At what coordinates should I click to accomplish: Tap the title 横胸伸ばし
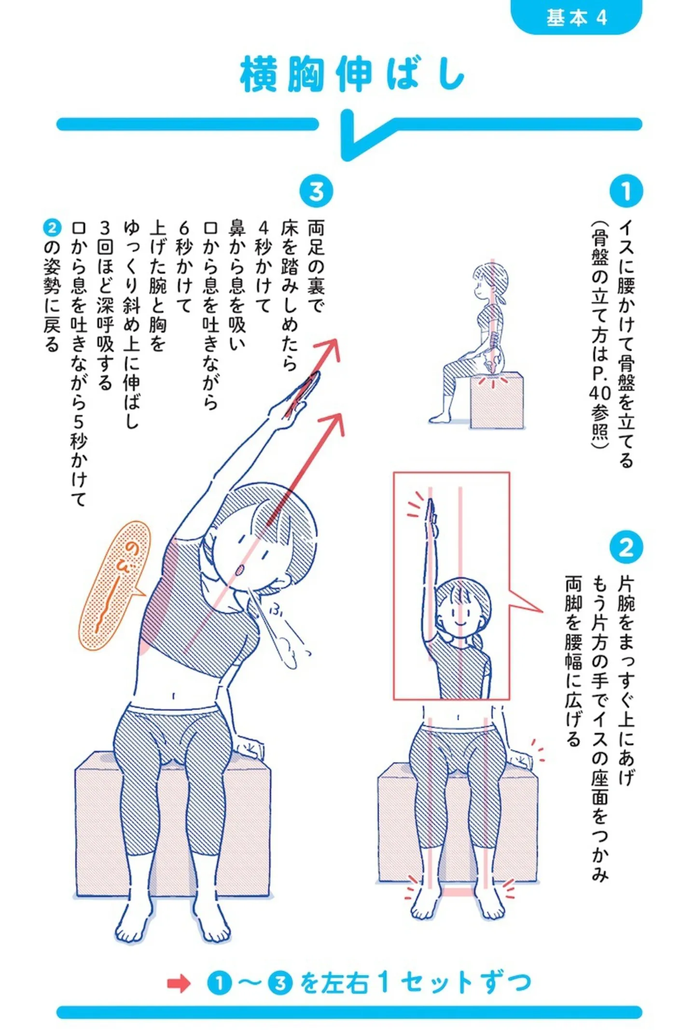[352, 74]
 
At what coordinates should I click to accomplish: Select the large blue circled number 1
[625, 191]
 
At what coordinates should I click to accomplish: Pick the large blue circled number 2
[625, 547]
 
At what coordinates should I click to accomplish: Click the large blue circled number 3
[316, 191]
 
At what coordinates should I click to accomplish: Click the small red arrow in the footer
[179, 983]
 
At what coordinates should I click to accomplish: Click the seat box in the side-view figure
[497, 400]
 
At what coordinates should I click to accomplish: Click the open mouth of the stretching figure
[239, 570]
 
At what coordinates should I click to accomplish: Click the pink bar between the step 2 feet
[458, 892]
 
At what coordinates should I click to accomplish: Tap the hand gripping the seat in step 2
[519, 760]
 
